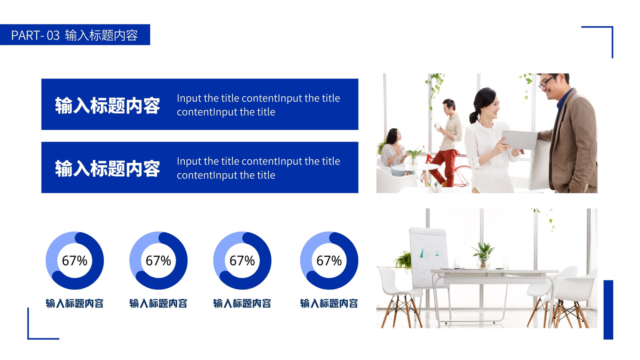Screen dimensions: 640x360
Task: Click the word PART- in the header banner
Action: (28, 36)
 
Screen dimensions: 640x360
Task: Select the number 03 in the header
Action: (53, 36)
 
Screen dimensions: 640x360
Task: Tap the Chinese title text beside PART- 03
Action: (102, 36)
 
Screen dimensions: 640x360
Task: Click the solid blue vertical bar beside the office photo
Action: (608, 310)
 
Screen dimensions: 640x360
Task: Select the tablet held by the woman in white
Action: (520, 140)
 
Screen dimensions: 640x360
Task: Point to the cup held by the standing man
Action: (438, 126)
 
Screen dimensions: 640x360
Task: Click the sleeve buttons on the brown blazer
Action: (586, 188)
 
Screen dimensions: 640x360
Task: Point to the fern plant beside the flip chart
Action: (404, 260)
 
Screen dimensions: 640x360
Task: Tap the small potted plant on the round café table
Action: (414, 156)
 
